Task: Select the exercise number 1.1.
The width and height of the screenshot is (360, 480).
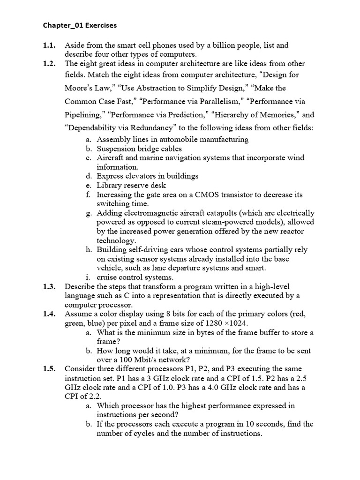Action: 50,45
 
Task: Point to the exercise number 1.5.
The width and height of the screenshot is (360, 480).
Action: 50,369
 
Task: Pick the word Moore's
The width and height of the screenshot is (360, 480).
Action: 79,88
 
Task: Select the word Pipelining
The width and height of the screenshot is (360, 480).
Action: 84,114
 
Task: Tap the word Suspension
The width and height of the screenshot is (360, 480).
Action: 115,149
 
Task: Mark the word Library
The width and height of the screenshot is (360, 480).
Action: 109,185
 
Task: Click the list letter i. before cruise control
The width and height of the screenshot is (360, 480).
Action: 88,277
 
